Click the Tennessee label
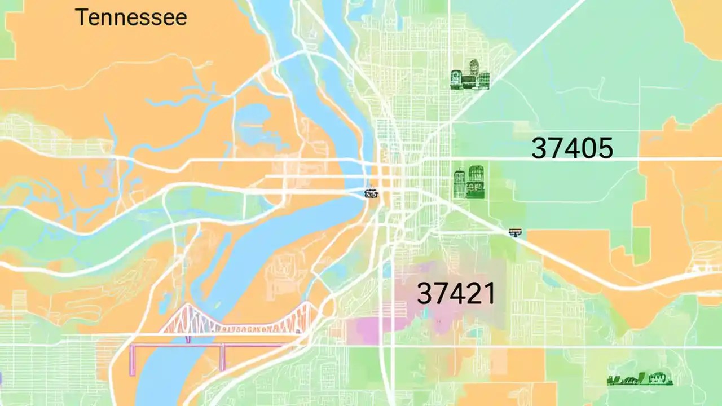pyautogui.click(x=130, y=17)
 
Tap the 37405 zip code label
pyautogui.click(x=572, y=148)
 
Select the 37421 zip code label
pyautogui.click(x=456, y=293)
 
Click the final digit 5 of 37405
pyautogui.click(x=605, y=148)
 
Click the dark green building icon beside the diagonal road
pyautogui.click(x=470, y=75)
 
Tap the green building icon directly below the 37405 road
pyautogui.click(x=469, y=182)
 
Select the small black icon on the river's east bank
pyautogui.click(x=371, y=193)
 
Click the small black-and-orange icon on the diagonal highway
pyautogui.click(x=514, y=232)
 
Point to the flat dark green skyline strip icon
pyautogui.click(x=640, y=379)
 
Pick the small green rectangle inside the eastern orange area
pyautogui.click(x=641, y=245)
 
